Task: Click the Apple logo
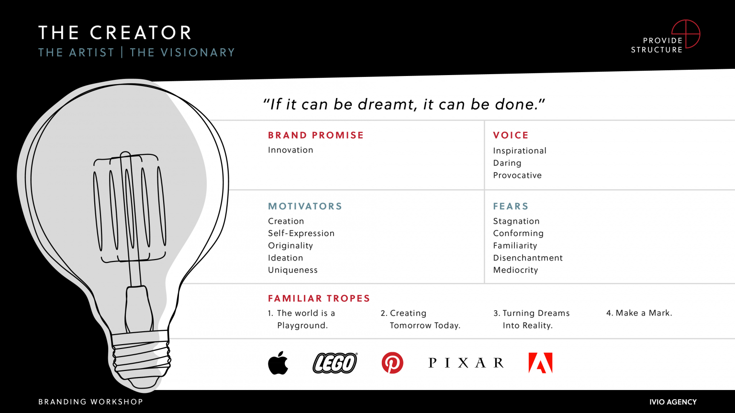click(278, 363)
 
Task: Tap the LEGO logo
click(335, 363)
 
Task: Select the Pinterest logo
click(392, 363)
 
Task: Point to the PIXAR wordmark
click(466, 363)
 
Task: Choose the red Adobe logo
click(541, 363)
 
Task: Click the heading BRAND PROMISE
click(316, 135)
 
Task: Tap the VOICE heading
click(511, 135)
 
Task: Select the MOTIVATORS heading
click(305, 206)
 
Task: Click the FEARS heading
click(511, 206)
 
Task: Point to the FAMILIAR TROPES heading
click(319, 299)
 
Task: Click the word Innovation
click(290, 150)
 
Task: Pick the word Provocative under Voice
click(517, 175)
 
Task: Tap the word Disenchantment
click(528, 258)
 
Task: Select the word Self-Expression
click(301, 233)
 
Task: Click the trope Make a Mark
click(639, 313)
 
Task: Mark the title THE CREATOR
click(115, 33)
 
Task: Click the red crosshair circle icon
click(686, 34)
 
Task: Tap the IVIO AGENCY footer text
click(673, 402)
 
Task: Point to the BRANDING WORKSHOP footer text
click(91, 402)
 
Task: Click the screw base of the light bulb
click(141, 356)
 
